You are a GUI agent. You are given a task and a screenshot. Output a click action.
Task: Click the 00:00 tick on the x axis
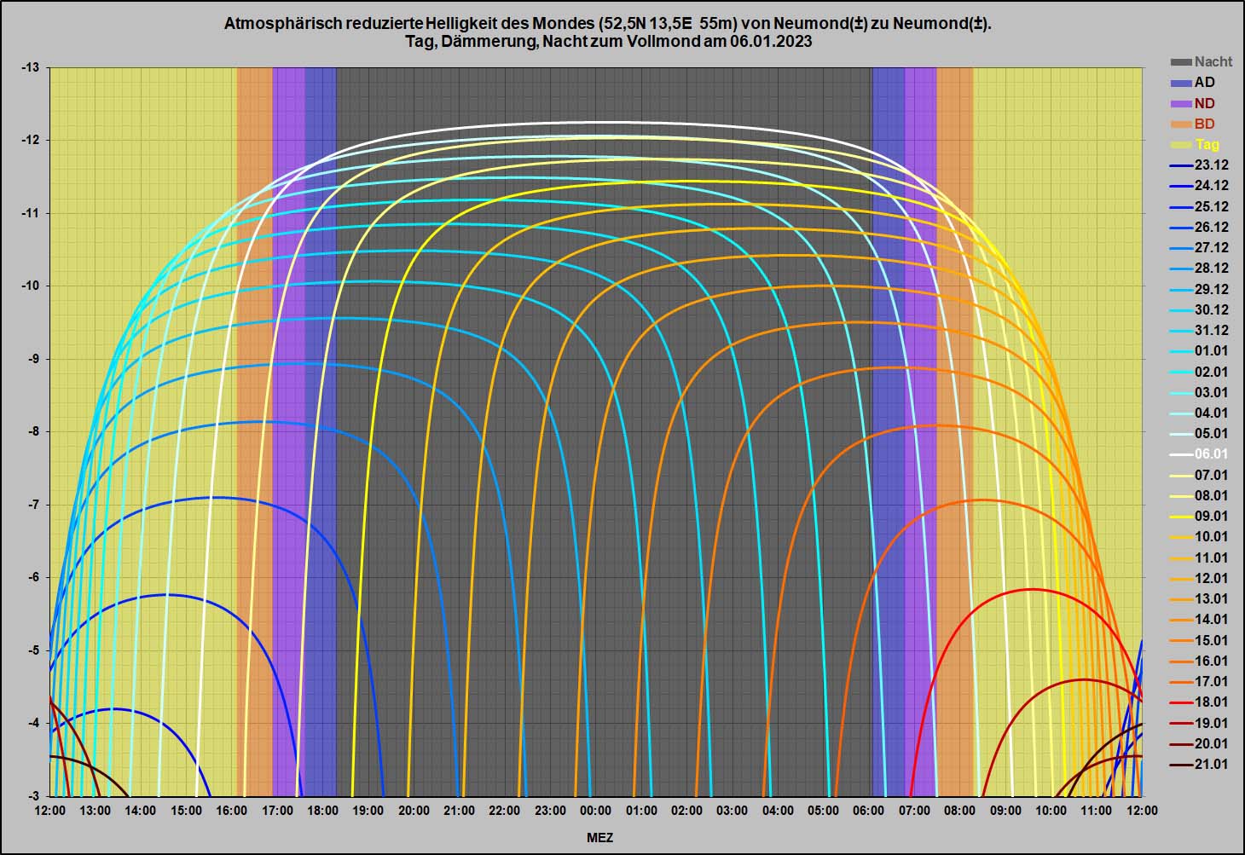click(x=595, y=811)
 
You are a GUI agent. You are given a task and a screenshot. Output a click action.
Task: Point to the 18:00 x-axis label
click(x=322, y=811)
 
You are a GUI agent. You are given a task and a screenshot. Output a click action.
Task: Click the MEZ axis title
click(x=599, y=837)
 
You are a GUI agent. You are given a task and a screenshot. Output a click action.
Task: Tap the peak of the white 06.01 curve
click(x=597, y=123)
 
